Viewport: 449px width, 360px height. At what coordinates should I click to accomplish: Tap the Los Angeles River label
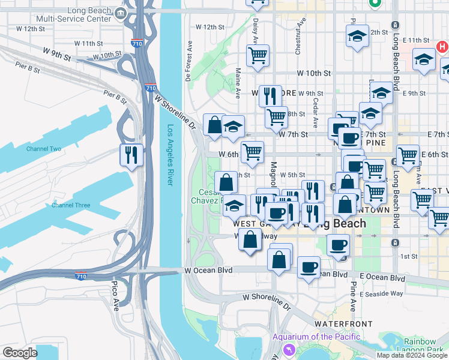170,155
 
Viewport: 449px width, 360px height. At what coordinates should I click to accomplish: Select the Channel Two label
43,149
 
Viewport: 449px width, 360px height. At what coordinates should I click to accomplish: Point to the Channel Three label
70,205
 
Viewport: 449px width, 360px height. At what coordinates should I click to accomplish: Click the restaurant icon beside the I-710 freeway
131,155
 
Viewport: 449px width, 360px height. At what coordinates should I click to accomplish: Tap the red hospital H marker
442,46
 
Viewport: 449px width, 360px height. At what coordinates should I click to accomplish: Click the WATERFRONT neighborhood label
336,323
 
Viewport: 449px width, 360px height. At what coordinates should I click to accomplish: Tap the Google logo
19,353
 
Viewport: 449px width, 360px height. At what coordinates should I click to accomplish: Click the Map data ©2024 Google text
412,355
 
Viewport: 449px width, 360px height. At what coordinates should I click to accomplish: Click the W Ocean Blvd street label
208,271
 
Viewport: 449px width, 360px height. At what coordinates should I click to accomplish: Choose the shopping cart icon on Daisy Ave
258,56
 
